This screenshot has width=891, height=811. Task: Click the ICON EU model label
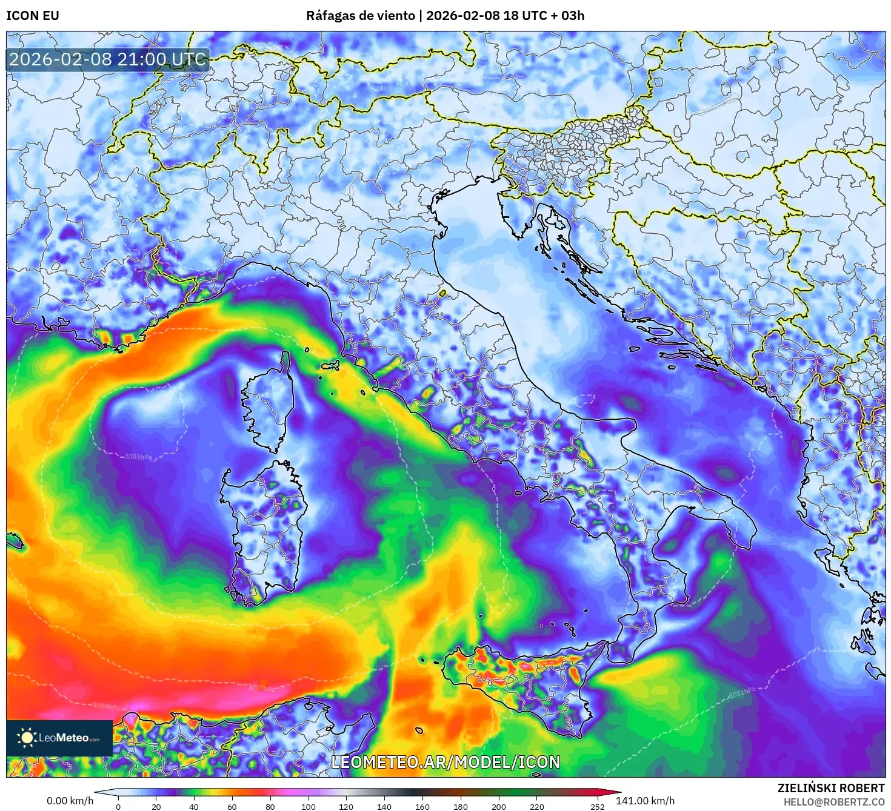click(33, 16)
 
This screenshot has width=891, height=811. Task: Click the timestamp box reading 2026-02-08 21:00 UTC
click(108, 59)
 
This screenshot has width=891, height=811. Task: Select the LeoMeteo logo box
click(59, 738)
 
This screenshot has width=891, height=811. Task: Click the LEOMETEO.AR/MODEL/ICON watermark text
click(446, 762)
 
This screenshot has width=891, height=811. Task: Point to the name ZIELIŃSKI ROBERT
click(830, 788)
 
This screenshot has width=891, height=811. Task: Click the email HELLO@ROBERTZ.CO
click(833, 801)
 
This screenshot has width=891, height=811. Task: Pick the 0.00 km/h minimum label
click(70, 801)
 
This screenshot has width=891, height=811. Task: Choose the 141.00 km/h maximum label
click(645, 801)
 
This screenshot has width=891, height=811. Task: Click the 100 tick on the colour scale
click(309, 806)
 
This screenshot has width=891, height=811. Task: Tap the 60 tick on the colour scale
click(232, 806)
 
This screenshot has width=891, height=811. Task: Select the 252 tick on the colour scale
click(597, 806)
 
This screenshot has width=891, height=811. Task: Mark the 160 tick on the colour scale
click(422, 806)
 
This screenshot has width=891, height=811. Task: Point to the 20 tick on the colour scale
click(156, 806)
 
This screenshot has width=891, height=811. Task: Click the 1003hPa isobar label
click(138, 457)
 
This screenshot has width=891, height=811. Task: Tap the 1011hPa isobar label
click(742, 692)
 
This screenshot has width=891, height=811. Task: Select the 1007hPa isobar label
click(261, 687)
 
